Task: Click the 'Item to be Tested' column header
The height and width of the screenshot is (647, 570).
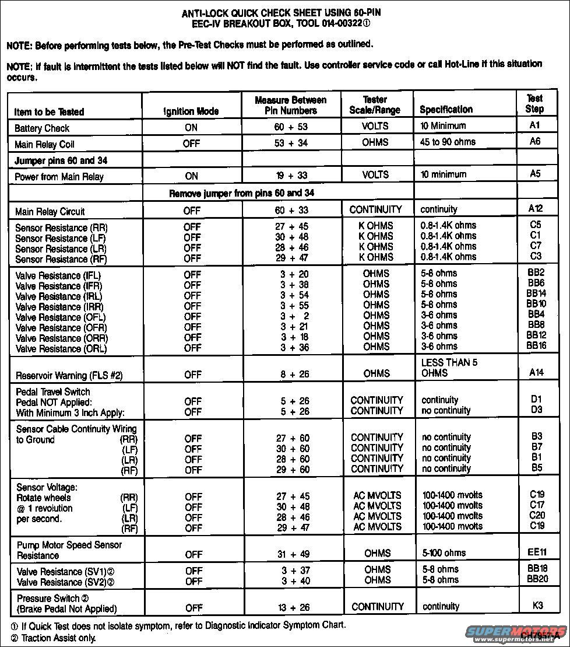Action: coord(49,111)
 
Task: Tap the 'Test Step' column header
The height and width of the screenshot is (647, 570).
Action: coord(534,104)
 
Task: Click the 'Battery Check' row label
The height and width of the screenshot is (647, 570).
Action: coord(42,128)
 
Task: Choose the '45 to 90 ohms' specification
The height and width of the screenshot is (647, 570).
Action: coord(448,142)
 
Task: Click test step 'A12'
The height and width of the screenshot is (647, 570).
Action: coord(536,208)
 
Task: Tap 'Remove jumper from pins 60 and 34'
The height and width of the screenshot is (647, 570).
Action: coord(243,193)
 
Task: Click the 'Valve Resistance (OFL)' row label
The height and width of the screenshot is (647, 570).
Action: coord(61,317)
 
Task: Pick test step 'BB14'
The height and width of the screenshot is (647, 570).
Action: coord(536,293)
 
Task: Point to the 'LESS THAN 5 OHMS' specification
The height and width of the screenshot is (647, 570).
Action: coord(449,368)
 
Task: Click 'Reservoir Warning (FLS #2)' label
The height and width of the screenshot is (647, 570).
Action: coord(69,375)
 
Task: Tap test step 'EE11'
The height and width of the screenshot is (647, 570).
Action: coord(537,552)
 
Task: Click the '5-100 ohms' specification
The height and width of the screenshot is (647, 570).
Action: coord(444,552)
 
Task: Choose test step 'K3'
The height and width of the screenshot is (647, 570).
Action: coord(537,606)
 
